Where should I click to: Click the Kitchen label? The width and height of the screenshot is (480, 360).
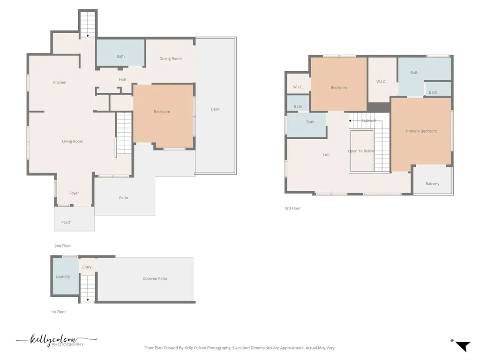coord(60,82)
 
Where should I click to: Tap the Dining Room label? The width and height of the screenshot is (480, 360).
coord(171,59)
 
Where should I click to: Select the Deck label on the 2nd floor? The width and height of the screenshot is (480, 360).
coord(215,109)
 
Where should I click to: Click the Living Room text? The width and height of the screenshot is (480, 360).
coord(73,142)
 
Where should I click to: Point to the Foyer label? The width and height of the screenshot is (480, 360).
coord(74,193)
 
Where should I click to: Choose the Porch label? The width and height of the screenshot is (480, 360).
coord(67,222)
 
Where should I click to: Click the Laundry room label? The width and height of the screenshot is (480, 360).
coord(63,277)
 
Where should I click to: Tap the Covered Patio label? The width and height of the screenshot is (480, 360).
coord(155,278)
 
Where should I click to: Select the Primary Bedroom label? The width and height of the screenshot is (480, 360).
coord(421,131)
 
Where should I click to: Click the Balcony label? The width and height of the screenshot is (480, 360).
coord(432,184)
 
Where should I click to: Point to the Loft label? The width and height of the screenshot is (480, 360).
coord(326,155)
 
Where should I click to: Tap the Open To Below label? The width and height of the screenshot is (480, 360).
coord(361,151)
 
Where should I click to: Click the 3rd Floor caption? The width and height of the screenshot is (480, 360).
coord(292,208)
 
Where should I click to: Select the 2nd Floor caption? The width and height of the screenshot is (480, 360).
coord(63,246)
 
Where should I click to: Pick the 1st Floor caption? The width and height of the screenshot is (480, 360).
coord(58,312)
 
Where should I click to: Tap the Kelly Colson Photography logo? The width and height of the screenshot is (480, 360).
coord(57,341)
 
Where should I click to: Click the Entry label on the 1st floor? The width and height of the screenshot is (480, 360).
coord(87,267)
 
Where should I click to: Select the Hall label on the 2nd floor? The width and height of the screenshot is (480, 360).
coord(122,80)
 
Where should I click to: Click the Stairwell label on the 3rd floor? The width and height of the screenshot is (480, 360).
coord(369,120)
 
